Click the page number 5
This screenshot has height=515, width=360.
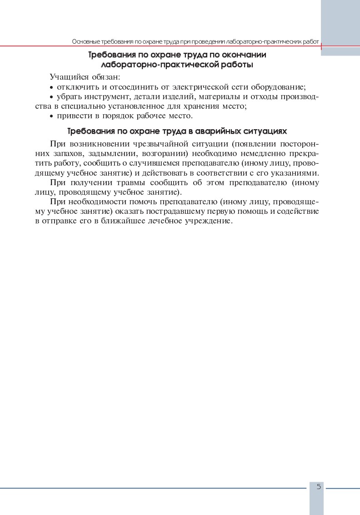319,487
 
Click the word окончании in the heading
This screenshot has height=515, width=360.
244,55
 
